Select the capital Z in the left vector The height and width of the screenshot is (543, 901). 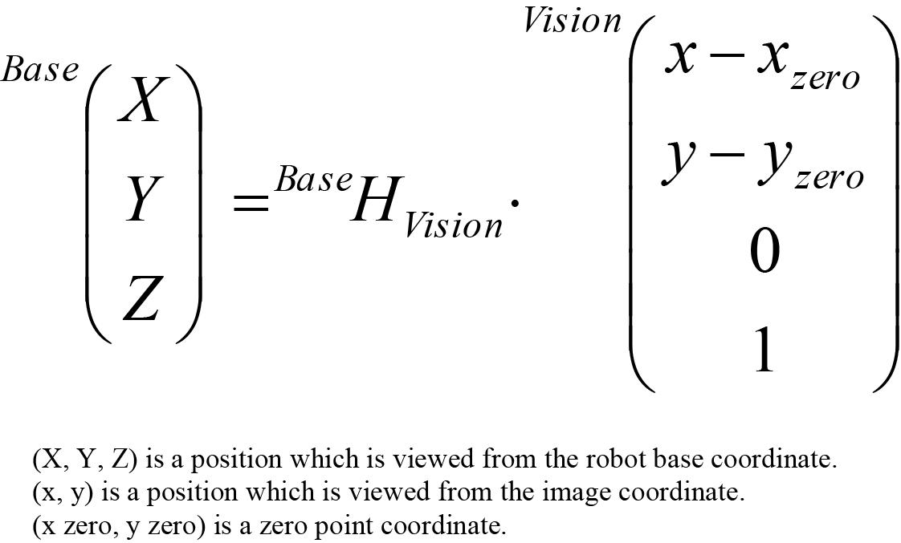pos(141,298)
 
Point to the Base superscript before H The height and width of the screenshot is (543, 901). pos(314,180)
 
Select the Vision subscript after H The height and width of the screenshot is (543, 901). pos(453,226)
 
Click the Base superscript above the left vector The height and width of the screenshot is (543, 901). pos(40,71)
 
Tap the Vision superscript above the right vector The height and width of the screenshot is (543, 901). pos(572,21)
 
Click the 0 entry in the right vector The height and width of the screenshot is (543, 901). pos(764,253)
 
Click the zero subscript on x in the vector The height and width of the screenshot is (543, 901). pos(825,79)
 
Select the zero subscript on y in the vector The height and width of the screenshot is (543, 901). pos(829,177)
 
